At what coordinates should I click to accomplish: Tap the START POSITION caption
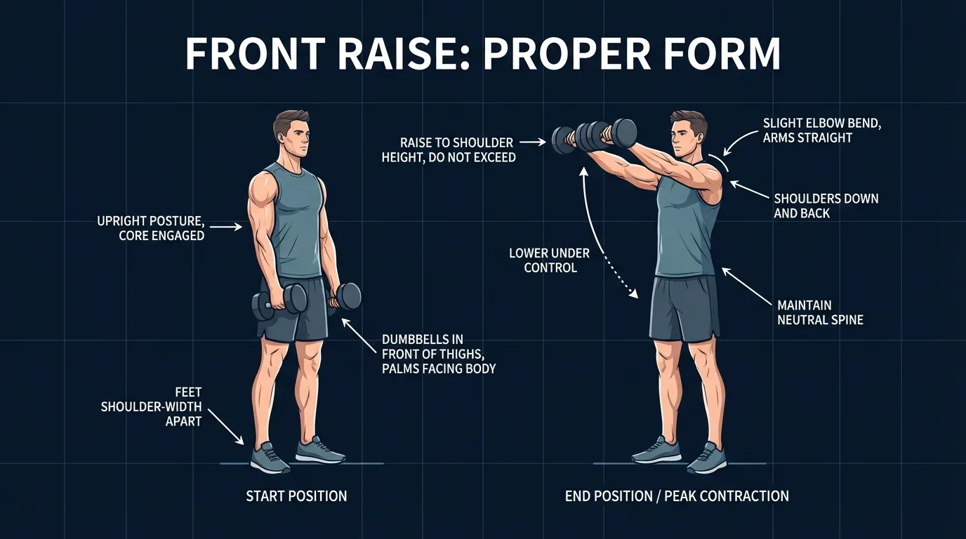coord(296,496)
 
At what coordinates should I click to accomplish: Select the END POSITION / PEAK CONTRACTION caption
coord(677,496)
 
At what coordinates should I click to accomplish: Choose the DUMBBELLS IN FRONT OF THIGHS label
coord(439,354)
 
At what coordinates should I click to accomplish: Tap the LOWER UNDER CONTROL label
coord(550,260)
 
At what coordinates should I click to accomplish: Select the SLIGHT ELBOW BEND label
coord(821,131)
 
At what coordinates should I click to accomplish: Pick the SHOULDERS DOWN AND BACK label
coord(826,206)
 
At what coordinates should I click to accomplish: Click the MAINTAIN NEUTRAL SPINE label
coord(820,312)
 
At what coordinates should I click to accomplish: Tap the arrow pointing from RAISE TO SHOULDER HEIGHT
coord(532,142)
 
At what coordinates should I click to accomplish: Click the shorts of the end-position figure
coord(684,309)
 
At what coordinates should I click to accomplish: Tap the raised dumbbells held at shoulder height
coord(593,135)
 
